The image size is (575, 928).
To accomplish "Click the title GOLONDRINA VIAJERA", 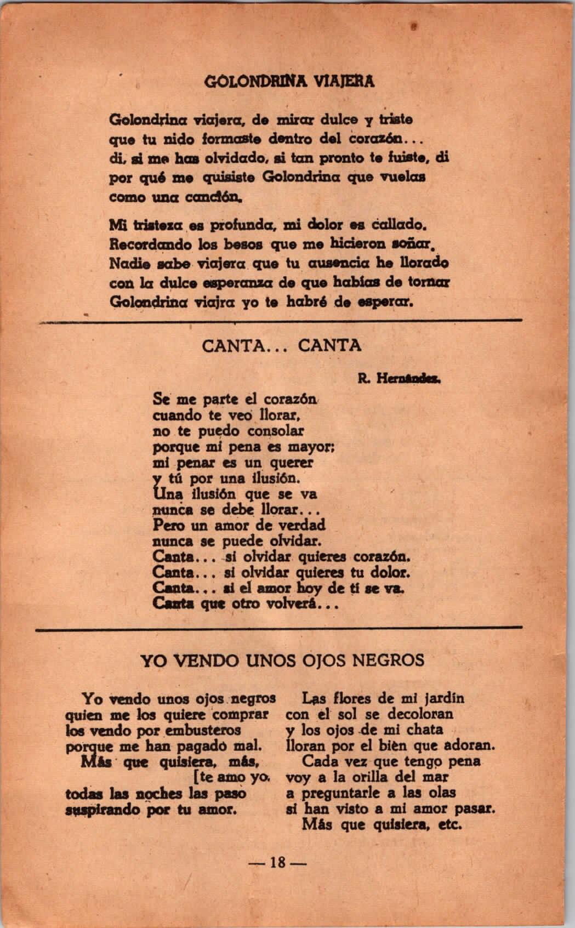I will tap(289, 82).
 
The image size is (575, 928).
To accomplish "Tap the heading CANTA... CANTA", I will tap(282, 346).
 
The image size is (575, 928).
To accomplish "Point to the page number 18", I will tap(278, 862).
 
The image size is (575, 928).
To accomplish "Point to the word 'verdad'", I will tap(303, 525).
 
